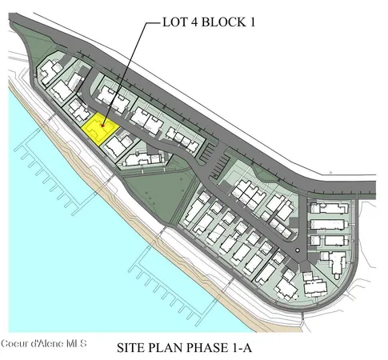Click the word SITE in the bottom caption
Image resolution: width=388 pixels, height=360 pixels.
pos(133,348)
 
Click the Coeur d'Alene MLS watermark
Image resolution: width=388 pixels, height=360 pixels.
pos(44,345)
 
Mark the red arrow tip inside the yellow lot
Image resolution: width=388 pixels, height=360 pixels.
pos(102,129)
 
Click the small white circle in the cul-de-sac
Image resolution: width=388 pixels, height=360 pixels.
pos(298,251)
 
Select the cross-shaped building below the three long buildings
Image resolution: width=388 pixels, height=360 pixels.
pos(334,258)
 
